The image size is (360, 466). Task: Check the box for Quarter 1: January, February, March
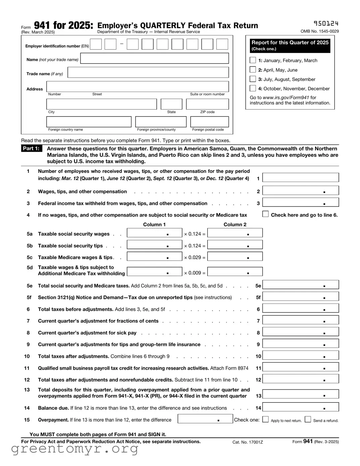pos(253,60)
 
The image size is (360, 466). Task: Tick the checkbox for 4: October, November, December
pos(253,88)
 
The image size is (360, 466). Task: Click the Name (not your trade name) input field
pos(154,58)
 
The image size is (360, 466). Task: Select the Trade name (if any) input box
pos(148,73)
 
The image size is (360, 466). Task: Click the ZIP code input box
pos(207,104)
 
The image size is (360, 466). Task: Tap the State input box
pos(171,104)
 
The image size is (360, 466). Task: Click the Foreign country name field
pos(89,122)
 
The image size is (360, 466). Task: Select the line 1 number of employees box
pos(300,178)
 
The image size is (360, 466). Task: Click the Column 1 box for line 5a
pos(154,233)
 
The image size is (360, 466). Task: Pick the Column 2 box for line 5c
pos(235,257)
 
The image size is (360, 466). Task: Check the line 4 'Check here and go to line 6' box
pos(265,214)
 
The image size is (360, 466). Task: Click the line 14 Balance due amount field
pos(300,407)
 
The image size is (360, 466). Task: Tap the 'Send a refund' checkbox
pos(308,419)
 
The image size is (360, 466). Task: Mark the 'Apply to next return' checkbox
pos(265,419)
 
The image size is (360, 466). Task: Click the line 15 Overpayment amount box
pos(205,419)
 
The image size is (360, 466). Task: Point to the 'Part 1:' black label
pos(31,148)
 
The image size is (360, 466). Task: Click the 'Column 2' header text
pos(235,224)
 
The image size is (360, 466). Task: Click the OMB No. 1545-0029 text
pos(319,31)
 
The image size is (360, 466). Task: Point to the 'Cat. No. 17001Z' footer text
pos(248,442)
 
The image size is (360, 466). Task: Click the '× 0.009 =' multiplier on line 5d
pos(195,273)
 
